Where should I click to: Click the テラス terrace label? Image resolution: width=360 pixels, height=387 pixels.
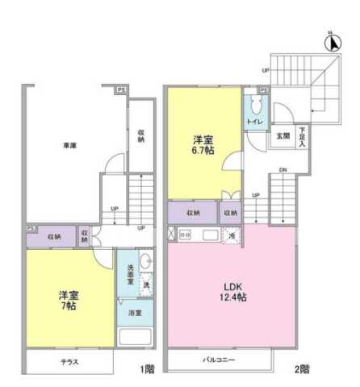69,361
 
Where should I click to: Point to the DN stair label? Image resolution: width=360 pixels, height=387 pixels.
283,170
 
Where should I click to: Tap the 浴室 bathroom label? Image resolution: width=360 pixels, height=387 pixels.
135,312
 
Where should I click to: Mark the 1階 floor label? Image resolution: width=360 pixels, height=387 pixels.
145,370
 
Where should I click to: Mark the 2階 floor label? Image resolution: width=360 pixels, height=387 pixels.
301,370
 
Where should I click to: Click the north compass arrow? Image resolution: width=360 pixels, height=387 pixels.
329,38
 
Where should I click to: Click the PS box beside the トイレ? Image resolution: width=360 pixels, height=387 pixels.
263,92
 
